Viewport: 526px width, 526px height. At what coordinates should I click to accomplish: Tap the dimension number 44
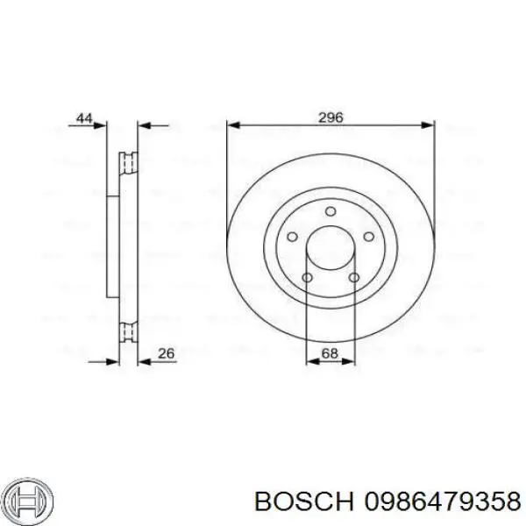(x=84, y=117)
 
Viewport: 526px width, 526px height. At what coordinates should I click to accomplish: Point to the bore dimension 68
(x=331, y=353)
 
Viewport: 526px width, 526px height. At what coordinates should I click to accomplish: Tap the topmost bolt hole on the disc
(x=331, y=211)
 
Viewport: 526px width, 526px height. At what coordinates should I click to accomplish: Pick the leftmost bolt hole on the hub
(x=292, y=238)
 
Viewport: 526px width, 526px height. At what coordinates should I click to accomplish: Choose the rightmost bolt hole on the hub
(x=369, y=238)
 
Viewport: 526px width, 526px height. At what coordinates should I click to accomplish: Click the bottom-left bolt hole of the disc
(x=307, y=279)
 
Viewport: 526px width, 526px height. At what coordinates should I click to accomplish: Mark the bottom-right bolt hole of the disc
(x=354, y=279)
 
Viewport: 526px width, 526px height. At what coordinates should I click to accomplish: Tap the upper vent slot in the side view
(x=127, y=163)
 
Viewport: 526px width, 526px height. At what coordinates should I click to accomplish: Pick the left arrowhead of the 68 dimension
(x=309, y=360)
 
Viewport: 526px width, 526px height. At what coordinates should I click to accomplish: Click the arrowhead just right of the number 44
(x=101, y=124)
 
